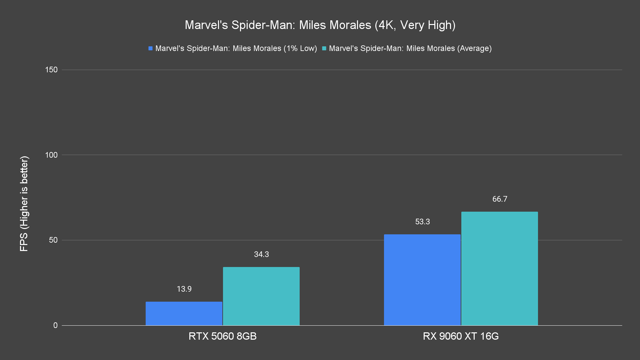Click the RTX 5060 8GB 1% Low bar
point(184,313)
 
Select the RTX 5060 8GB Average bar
point(261,296)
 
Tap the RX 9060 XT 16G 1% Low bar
point(422,280)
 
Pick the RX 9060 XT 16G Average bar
point(500,268)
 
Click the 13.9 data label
point(184,289)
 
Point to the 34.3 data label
point(261,254)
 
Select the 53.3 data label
point(422,222)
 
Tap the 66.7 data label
point(500,199)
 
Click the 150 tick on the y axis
point(51,70)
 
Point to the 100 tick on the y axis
point(51,155)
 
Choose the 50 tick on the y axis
point(53,240)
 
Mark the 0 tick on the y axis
point(55,325)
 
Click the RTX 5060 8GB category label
point(223,336)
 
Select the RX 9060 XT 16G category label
point(461,336)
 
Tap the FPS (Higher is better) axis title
point(24,203)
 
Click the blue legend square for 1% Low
point(151,48)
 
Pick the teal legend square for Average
point(324,48)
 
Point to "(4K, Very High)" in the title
point(415,25)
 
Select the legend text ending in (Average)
point(410,48)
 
